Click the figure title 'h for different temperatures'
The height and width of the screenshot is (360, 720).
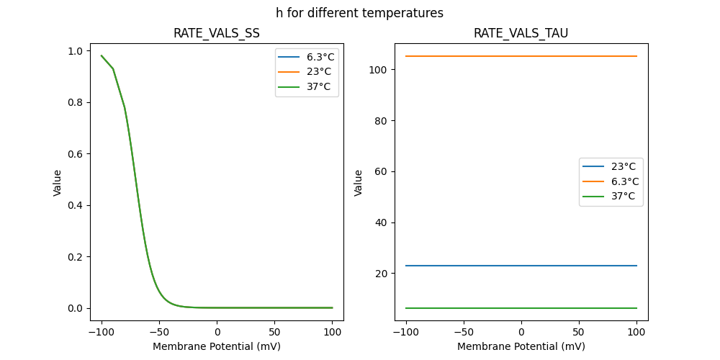359,13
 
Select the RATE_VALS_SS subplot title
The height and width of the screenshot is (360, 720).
217,33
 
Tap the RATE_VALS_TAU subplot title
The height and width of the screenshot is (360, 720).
521,33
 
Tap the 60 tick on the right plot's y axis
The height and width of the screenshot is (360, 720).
382,171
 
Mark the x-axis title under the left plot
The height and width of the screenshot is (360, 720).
217,346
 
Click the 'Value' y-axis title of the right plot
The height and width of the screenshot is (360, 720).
359,183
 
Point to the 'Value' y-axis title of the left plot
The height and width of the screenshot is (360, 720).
58,183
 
